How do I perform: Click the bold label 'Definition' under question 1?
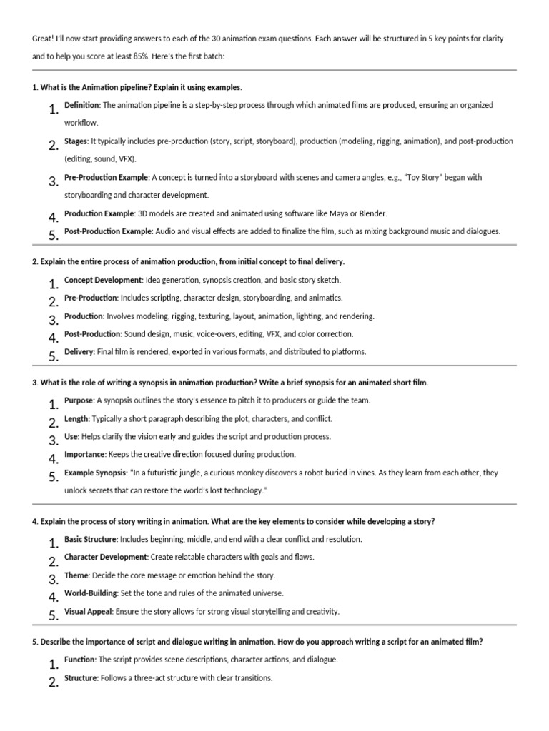(82, 105)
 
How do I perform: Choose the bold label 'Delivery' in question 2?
(79, 351)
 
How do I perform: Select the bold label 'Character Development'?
(106, 557)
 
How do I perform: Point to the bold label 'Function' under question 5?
(79, 660)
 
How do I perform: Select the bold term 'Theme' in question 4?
(77, 575)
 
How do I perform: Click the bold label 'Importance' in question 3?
(84, 454)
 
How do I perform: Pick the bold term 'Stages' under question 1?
(76, 141)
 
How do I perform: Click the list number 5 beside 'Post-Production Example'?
(53, 235)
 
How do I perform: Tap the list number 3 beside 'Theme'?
(53, 579)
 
